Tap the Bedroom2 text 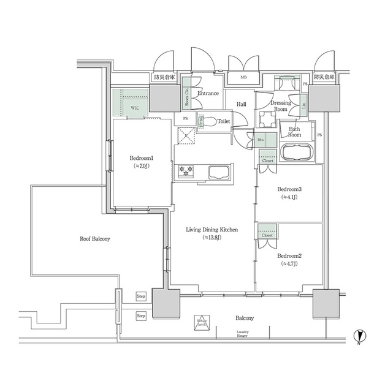[x=288, y=255]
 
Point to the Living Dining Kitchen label [x=212, y=230]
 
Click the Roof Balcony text [x=95, y=238]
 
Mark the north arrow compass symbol [x=360, y=336]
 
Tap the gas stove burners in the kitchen [x=186, y=172]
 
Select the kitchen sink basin [x=217, y=172]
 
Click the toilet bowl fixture [x=208, y=122]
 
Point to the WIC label [x=135, y=107]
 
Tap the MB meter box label [x=243, y=78]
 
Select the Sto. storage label [x=261, y=140]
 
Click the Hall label [x=241, y=105]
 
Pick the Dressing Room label [x=281, y=107]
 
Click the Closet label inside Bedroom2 [x=267, y=235]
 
